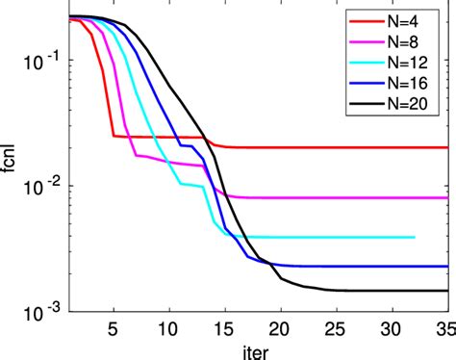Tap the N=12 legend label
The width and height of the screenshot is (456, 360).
pos(421,64)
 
